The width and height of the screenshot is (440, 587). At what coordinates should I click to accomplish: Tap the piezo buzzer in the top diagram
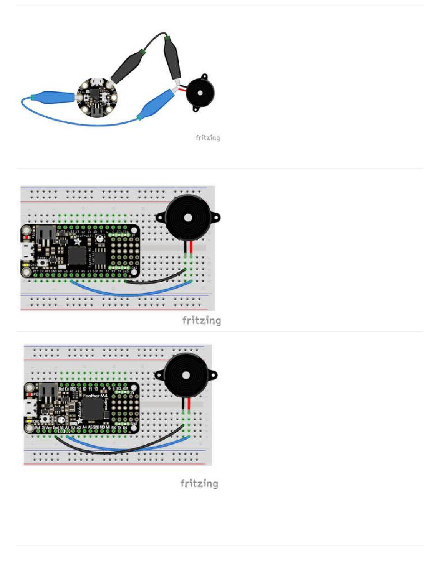[200, 93]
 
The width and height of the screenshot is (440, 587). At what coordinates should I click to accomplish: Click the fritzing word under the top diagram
[207, 138]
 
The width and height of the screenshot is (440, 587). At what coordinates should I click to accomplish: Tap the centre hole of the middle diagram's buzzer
[188, 217]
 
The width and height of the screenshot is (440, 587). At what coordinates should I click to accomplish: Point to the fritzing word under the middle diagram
[201, 321]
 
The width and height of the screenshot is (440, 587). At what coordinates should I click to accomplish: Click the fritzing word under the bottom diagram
[199, 484]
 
